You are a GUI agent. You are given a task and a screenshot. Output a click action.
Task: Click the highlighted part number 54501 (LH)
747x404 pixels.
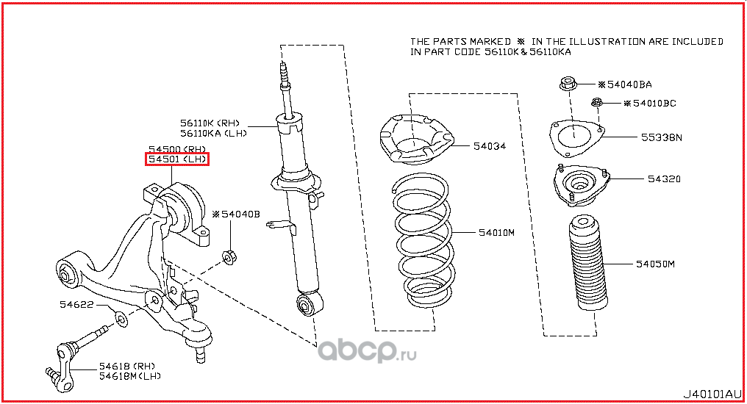[x=177, y=159]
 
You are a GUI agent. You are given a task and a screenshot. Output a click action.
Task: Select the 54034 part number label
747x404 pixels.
[x=490, y=146]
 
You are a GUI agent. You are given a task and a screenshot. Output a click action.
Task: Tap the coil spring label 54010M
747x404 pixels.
[x=496, y=233]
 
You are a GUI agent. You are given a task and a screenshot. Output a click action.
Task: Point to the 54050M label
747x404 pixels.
[x=656, y=264]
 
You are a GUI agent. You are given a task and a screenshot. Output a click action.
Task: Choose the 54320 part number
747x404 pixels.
[x=664, y=179]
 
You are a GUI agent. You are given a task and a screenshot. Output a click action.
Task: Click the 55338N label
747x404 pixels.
[x=662, y=137]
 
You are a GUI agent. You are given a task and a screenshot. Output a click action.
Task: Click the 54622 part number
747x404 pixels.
[x=76, y=305]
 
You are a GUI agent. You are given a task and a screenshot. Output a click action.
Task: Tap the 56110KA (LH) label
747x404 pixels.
[x=213, y=134]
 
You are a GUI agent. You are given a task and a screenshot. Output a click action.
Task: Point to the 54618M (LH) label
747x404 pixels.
[x=130, y=376]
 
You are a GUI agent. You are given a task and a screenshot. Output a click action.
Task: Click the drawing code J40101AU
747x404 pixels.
[x=712, y=394]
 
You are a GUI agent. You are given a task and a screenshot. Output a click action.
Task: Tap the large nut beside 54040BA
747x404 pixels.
[x=568, y=84]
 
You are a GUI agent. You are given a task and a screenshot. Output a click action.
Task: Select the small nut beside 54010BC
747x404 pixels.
[x=597, y=102]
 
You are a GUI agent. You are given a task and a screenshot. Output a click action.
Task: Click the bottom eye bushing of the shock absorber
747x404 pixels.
[x=309, y=303]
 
